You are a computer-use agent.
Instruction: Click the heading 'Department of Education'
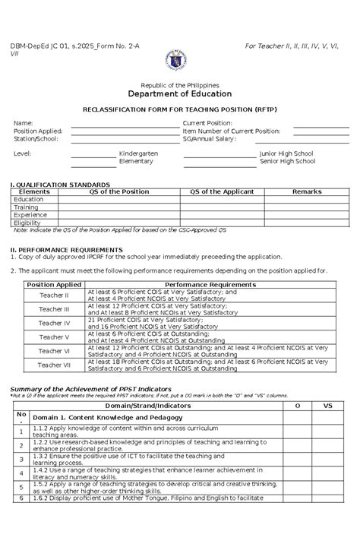[x=179, y=94]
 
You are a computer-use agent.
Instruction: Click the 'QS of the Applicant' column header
[x=222, y=192]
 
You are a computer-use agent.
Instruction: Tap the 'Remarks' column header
[x=307, y=192]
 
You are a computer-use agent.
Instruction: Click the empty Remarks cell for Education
[x=307, y=200]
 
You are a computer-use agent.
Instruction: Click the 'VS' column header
[x=328, y=406]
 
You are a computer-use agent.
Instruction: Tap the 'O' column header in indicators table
[x=297, y=406]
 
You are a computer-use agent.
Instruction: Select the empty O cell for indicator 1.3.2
[x=297, y=458]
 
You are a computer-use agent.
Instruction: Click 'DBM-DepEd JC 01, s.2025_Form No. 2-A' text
[x=74, y=46]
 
